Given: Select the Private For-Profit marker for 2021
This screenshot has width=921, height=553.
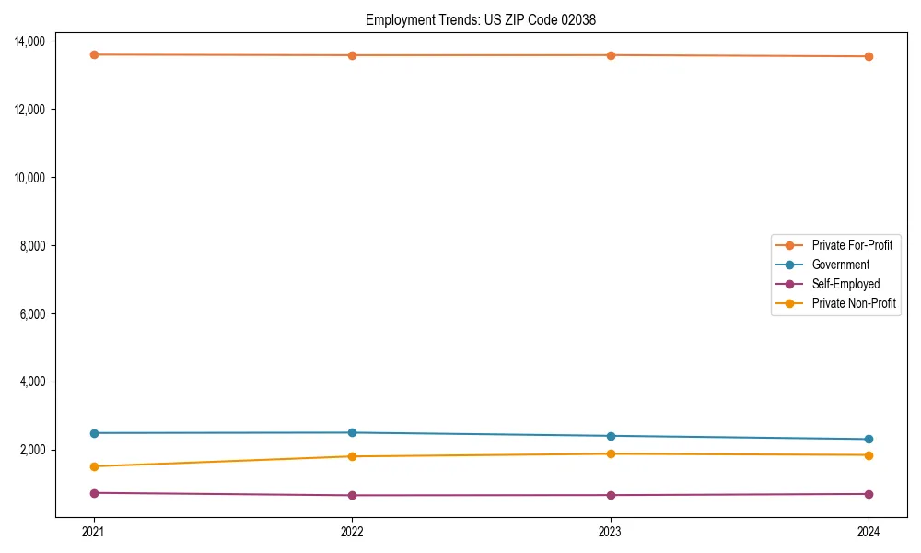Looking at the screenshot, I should point(93,54).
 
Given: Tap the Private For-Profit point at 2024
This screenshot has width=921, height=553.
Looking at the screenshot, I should point(869,56).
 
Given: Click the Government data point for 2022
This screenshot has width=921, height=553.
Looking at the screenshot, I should point(352,432).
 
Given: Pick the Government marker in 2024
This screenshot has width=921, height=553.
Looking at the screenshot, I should point(869,439).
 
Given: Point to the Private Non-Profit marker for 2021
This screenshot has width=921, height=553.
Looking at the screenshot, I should point(93,466).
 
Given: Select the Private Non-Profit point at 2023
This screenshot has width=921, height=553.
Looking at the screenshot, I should point(610,453).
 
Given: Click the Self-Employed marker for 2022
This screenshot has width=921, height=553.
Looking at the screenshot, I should point(352,495).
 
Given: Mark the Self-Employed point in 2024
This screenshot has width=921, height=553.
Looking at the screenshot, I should point(869,494).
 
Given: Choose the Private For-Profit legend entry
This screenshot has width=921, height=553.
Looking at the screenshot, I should point(852,245).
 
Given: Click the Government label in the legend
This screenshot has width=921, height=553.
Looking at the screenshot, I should point(840,265).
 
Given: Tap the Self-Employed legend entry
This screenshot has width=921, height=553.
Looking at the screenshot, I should point(845,284).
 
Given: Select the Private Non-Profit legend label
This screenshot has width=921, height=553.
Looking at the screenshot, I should point(854,303).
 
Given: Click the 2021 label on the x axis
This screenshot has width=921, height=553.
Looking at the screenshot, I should point(93,531).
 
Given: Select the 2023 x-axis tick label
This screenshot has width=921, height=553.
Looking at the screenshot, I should point(610,531).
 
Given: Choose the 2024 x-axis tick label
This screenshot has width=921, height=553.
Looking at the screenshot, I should point(869,531).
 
